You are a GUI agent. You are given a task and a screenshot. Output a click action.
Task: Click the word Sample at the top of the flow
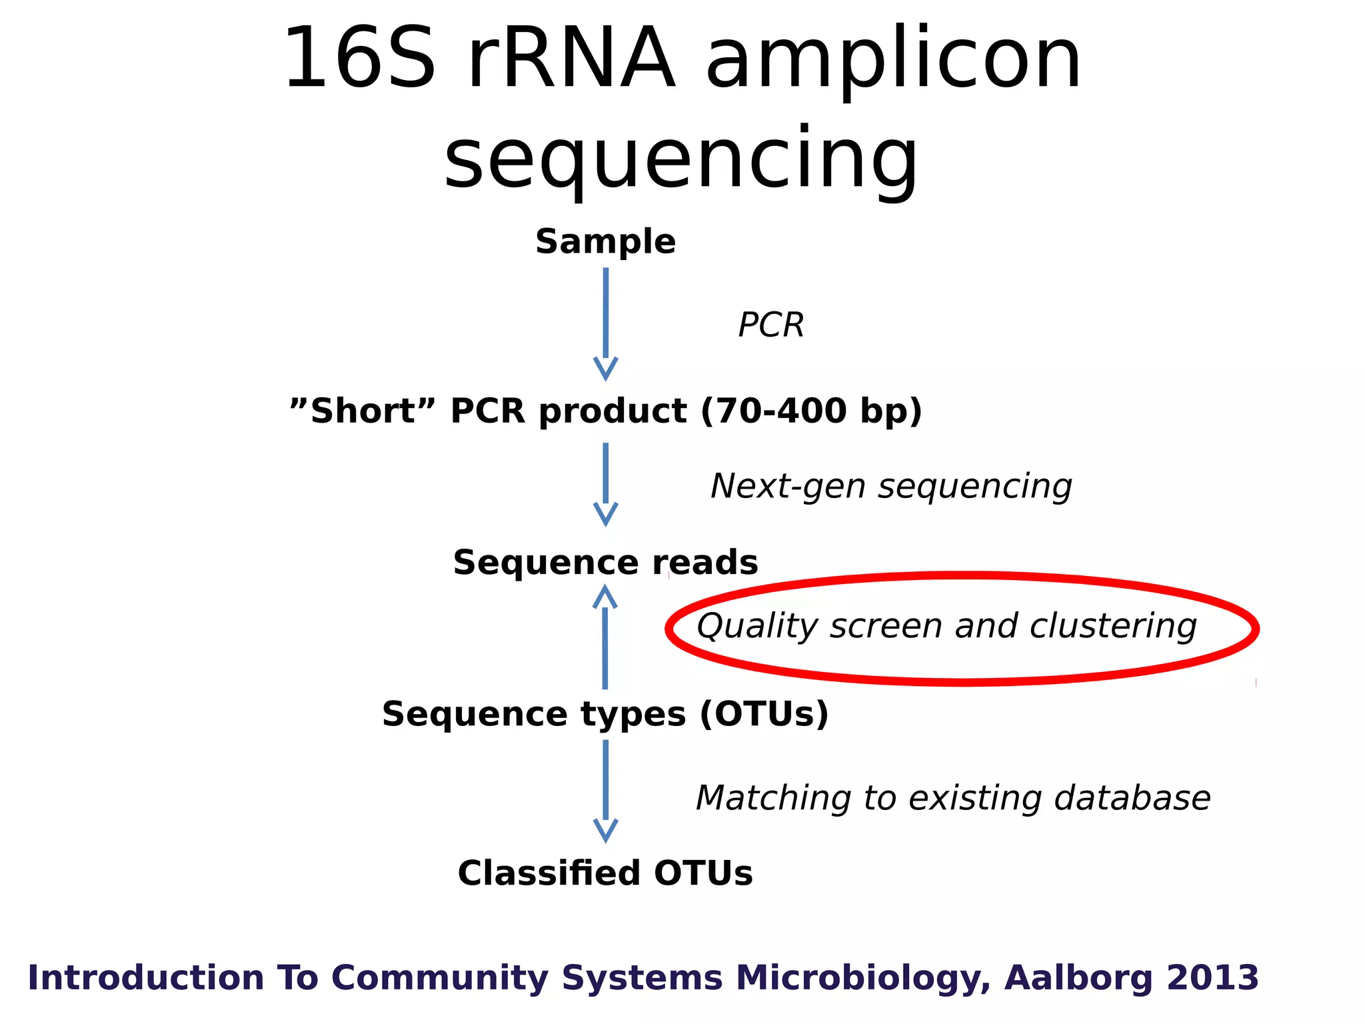(605, 241)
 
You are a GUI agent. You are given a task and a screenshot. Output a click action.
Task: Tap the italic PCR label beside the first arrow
(771, 325)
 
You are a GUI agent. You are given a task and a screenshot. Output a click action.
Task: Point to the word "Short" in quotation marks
(363, 411)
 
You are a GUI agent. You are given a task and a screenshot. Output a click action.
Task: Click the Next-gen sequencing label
(891, 486)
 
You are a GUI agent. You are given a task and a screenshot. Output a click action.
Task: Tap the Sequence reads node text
(605, 563)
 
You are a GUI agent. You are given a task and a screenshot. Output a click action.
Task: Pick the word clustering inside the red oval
(1113, 626)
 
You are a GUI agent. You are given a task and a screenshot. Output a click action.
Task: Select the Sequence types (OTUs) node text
(605, 714)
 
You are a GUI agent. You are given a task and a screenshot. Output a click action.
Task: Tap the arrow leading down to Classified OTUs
(605, 791)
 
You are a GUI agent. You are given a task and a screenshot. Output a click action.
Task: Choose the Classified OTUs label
(605, 873)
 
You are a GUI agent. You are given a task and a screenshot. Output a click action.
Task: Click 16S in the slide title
(360, 59)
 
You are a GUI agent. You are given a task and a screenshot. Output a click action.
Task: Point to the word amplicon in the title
(893, 60)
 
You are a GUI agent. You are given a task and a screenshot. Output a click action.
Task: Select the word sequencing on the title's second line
(681, 160)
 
